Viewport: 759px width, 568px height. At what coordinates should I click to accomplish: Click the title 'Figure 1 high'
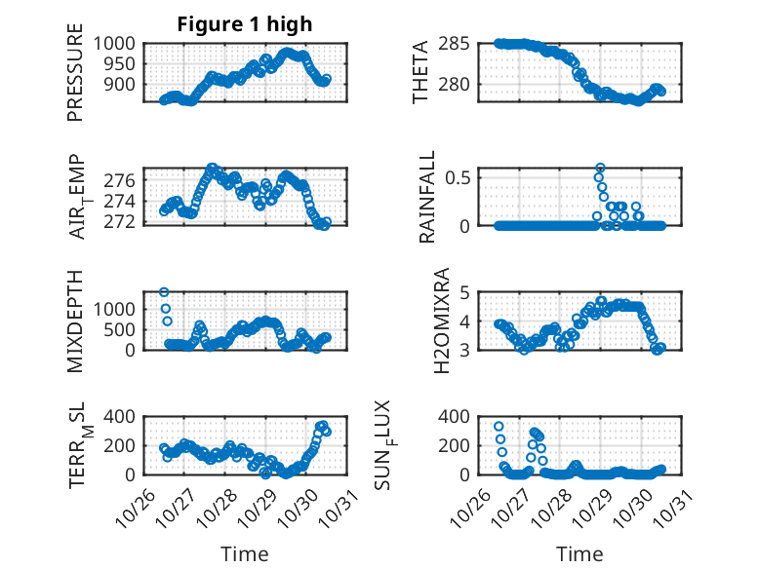245,24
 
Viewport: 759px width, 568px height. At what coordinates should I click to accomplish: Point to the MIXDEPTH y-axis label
76,321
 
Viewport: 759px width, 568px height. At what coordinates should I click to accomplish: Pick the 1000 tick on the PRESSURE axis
119,43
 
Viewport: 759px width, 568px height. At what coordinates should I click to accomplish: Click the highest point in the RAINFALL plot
600,168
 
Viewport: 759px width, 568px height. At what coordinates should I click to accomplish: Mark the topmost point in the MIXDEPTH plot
164,292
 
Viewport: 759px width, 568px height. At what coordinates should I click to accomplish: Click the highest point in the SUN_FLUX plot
499,427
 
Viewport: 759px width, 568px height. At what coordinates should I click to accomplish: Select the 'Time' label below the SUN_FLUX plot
579,553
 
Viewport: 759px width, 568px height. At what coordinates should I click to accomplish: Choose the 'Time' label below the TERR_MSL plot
244,553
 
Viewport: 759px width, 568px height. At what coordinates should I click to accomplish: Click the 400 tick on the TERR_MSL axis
125,417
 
